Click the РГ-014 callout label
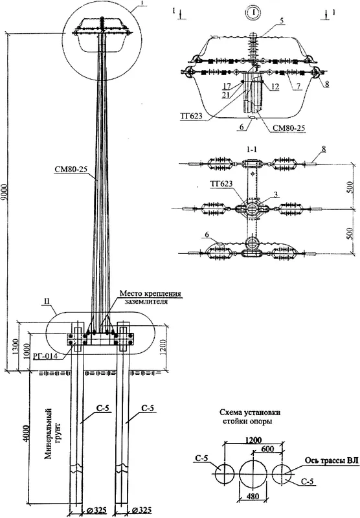47,356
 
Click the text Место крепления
150,293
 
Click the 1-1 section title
252,149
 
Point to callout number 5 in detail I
281,21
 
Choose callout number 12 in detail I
275,87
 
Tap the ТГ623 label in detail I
192,116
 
